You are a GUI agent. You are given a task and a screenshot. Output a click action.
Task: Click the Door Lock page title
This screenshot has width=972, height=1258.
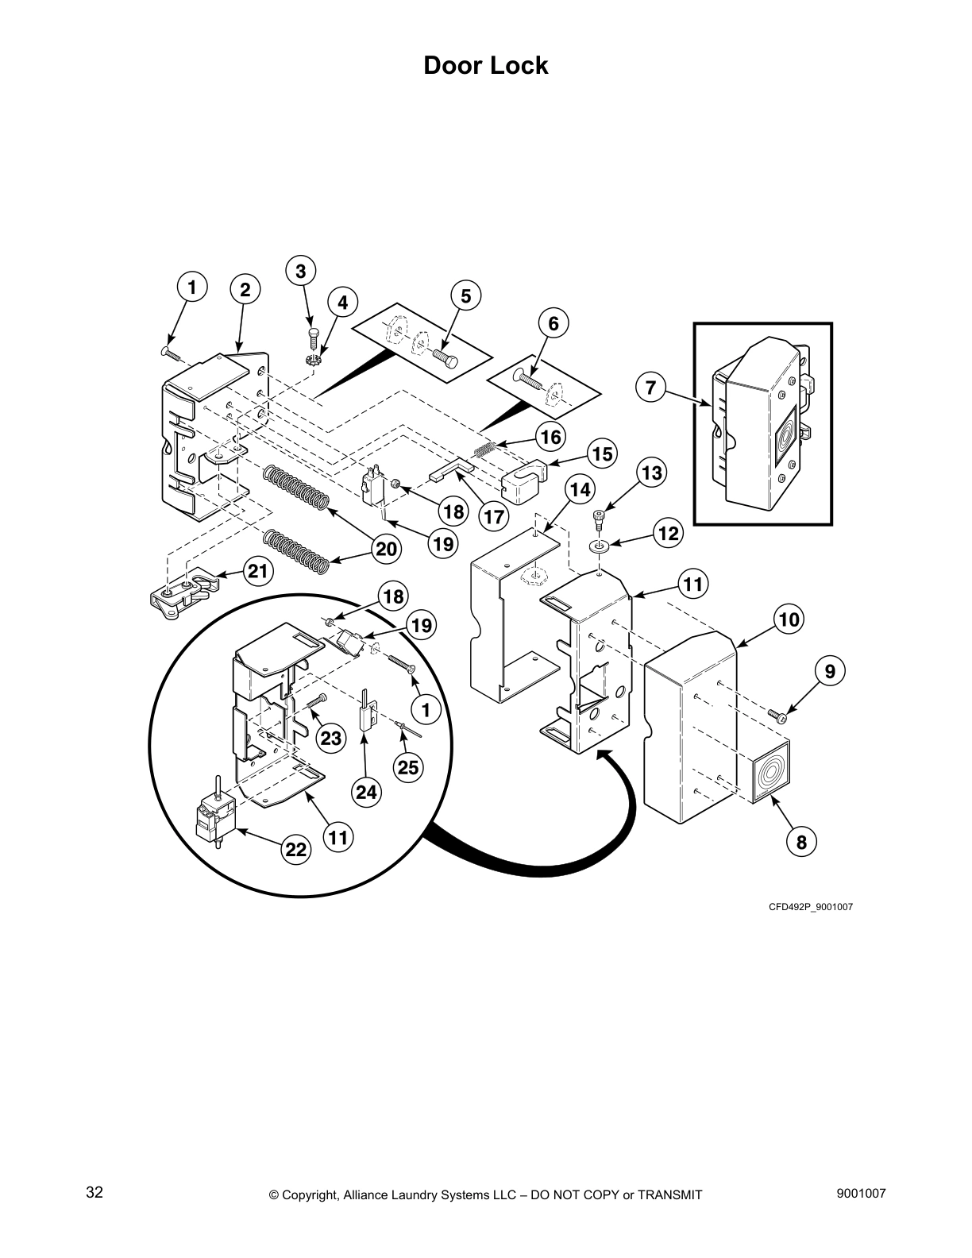pyautogui.click(x=485, y=65)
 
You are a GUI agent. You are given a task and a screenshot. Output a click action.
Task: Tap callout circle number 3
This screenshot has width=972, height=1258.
pyautogui.click(x=300, y=272)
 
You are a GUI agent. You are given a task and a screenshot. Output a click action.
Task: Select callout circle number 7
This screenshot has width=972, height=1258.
pyautogui.click(x=650, y=388)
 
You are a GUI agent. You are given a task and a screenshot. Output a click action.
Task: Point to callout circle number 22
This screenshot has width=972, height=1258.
pyautogui.click(x=295, y=849)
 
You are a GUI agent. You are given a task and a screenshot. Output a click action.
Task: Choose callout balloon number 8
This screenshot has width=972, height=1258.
pyautogui.click(x=800, y=842)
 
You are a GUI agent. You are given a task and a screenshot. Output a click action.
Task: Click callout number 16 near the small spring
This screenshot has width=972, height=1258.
pyautogui.click(x=550, y=437)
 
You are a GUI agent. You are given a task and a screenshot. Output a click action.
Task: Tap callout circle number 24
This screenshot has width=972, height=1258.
pyautogui.click(x=366, y=792)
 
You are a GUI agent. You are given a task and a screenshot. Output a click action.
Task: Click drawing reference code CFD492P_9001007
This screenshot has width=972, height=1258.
pyautogui.click(x=810, y=907)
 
